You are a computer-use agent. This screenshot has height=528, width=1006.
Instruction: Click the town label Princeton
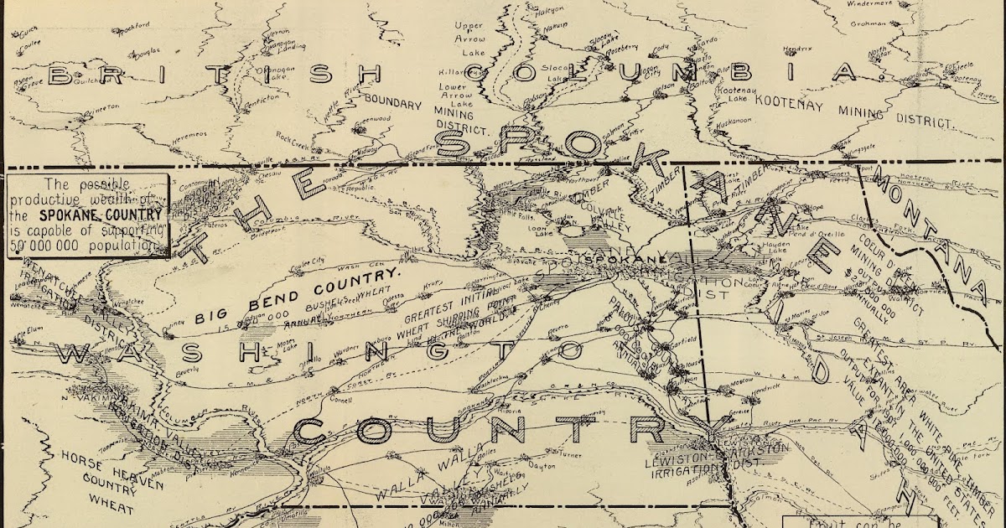(x=101, y=108)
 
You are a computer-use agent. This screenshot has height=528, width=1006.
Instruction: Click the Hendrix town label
(x=799, y=49)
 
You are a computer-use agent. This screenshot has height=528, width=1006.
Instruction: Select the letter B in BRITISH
(x=60, y=75)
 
